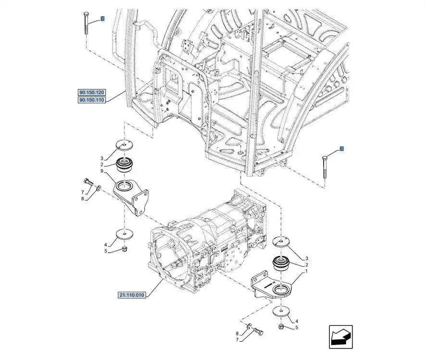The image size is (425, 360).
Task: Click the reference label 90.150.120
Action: [91, 92]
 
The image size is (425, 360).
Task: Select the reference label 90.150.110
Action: [91, 100]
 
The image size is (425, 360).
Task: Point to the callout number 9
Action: [102, 171]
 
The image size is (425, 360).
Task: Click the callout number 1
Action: [305, 271]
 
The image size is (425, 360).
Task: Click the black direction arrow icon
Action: [341, 336]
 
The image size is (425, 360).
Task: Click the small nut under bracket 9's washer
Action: [124, 248]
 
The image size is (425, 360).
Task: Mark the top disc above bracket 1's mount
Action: [281, 242]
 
